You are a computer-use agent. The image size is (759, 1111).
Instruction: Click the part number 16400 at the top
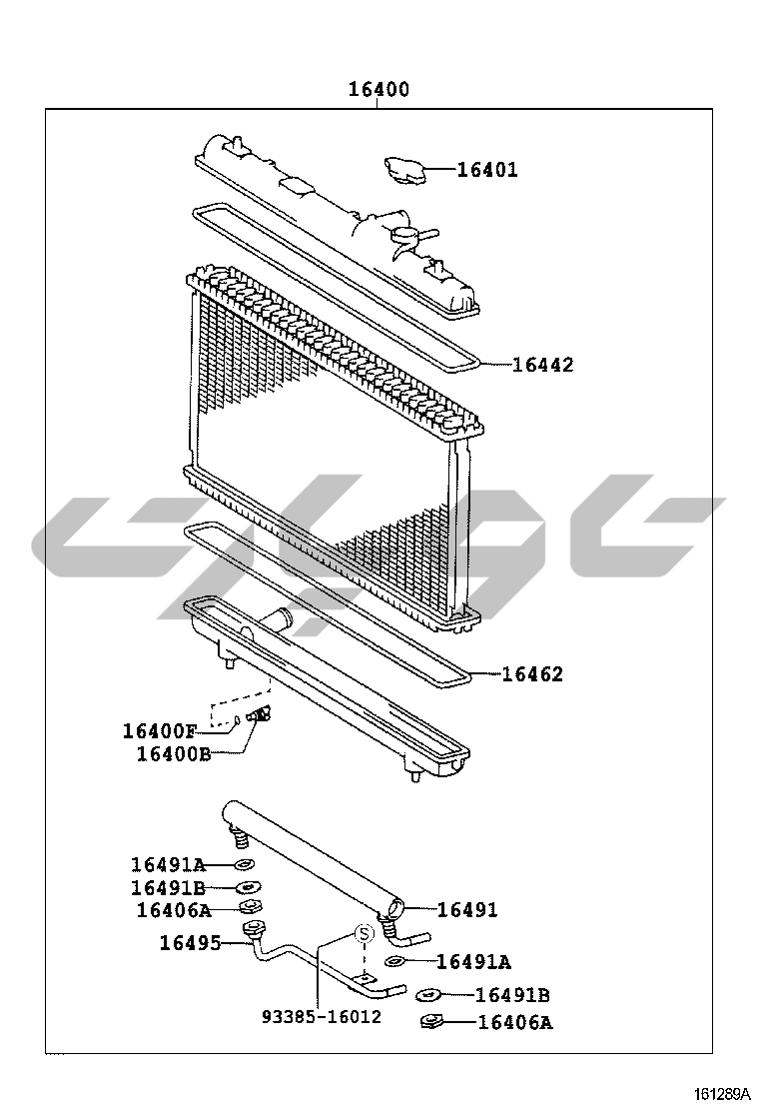[x=379, y=89]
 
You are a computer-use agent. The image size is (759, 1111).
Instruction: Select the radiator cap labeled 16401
[x=402, y=169]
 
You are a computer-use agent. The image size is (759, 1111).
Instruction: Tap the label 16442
[x=542, y=365]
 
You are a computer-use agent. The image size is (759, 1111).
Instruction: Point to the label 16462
[x=532, y=673]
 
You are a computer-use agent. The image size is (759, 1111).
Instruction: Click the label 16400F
[x=160, y=730]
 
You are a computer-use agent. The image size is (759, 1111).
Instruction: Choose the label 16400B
[x=174, y=754]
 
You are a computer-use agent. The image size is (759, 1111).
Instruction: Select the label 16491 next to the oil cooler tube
[x=467, y=910]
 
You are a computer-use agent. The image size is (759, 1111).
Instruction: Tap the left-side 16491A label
[x=168, y=864]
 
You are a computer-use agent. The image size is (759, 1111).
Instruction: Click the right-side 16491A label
[x=473, y=961]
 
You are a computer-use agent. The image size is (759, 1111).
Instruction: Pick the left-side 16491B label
[x=168, y=888]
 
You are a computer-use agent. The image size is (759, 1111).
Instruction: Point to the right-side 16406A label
[x=515, y=1022]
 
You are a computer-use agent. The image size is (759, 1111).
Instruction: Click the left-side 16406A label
[x=174, y=910]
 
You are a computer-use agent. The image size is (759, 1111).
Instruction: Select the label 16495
[x=190, y=943]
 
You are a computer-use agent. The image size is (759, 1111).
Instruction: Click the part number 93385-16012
[x=322, y=1017]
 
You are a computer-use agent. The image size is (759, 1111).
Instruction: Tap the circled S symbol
[x=364, y=934]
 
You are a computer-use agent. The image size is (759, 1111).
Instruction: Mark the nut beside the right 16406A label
[x=430, y=1022]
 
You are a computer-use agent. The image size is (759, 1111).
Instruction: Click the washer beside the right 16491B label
[x=427, y=995]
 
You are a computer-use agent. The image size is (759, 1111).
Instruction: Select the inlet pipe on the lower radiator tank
[x=275, y=617]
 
